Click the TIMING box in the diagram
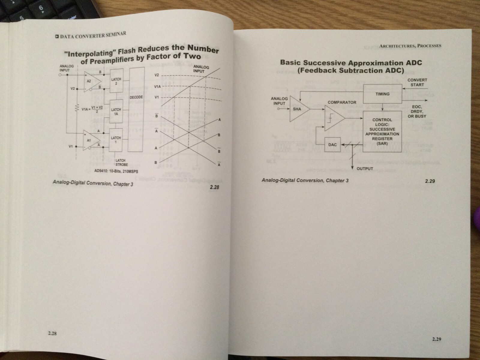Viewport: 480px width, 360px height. coord(382,94)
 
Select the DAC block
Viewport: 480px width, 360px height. coord(333,145)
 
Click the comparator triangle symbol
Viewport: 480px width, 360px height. coord(333,118)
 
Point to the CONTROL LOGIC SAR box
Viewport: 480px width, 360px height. coord(382,131)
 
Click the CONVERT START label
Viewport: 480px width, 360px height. coord(417,82)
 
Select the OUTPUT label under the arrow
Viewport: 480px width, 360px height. coord(365,169)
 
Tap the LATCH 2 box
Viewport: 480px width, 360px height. coord(116,81)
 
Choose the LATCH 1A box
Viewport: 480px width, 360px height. coord(116,112)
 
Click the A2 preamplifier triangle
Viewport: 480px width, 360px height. coord(91,81)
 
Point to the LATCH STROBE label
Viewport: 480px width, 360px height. coord(121,162)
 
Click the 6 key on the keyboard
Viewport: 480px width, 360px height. coord(41,8)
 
